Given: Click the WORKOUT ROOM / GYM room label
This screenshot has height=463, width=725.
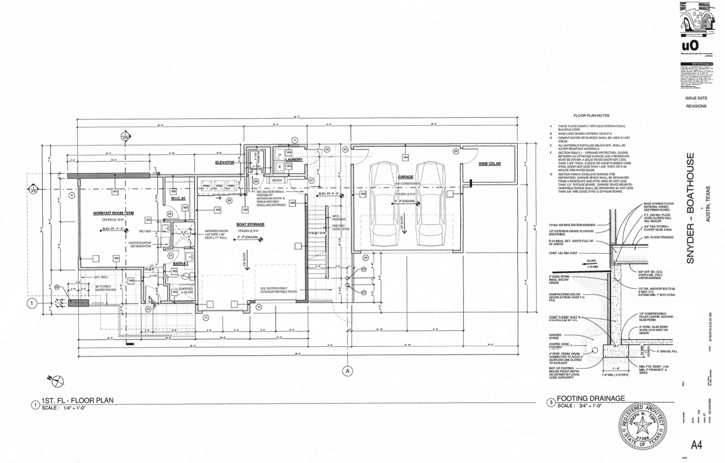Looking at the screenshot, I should click(113, 213).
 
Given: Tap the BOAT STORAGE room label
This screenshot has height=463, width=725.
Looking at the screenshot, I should click(250, 225).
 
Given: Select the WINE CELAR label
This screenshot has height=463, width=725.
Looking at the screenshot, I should click(490, 164).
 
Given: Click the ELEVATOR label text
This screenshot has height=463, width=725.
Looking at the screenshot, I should click(224, 162).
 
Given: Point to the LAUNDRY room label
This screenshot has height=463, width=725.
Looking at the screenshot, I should click(294, 160).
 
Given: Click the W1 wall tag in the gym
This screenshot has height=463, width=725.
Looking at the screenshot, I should click(115, 191).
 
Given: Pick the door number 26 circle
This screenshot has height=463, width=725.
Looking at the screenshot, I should click(456, 151).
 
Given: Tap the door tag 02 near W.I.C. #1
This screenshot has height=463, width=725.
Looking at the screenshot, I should click(170, 214).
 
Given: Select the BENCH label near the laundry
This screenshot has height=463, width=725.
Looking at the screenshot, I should click(277, 180).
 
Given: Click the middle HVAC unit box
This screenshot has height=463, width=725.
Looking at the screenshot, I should click(219, 186).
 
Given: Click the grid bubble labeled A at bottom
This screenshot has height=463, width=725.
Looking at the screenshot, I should click(347, 371).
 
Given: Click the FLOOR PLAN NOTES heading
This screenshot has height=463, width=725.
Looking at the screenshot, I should click(591, 115).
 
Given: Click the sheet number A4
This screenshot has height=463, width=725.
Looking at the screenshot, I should click(696, 445).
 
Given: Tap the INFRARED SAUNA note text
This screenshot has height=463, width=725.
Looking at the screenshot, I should click(217, 234).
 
